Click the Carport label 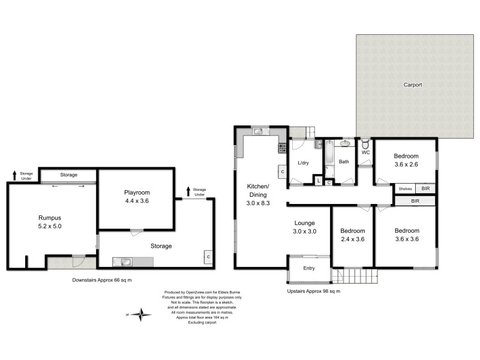pos(412,85)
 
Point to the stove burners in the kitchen pos(280,147)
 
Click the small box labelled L pos(318,181)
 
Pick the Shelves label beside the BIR pos(406,188)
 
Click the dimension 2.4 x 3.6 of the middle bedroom pos(352,239)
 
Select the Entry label pos(308,268)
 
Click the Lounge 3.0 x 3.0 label pos(305,227)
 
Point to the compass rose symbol pos(142,314)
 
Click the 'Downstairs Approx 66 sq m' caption pos(98,280)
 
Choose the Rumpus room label pos(50,222)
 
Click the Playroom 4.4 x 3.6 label pos(136,197)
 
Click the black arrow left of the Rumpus pos(14,175)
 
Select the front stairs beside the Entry pos(355,275)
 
